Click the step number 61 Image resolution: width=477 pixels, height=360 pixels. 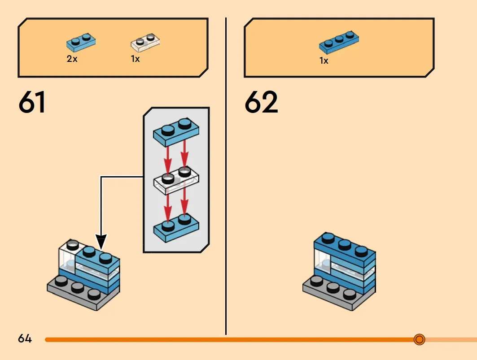pos(32,102)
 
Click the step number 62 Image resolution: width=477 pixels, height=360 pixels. pos(261,102)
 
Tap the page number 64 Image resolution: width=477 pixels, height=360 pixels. pos(25,338)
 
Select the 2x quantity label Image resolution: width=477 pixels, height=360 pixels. pos(72,59)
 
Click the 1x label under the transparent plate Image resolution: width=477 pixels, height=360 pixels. pos(136,59)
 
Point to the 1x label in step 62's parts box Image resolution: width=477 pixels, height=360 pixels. pos(324,61)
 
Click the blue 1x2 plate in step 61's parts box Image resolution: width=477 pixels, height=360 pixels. pos(81,42)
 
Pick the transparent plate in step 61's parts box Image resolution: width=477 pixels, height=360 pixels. pos(145,42)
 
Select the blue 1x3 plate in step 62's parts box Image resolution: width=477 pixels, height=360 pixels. pos(339,42)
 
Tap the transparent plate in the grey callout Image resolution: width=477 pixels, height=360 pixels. pos(176,180)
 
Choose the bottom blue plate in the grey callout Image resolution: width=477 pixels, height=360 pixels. pos(176,228)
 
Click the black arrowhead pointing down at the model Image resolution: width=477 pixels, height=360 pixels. pos(101,242)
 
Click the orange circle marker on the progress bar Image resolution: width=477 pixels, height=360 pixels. pos(419,339)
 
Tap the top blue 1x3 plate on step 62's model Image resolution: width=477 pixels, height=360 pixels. pos(345,249)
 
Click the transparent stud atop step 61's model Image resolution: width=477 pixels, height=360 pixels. pos(72,245)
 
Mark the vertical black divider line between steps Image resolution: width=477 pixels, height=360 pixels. pos(226,176)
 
